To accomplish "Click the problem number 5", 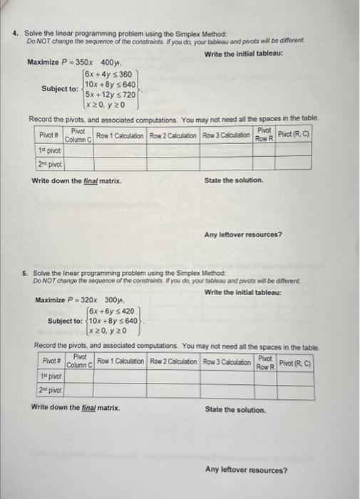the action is (x=24, y=273).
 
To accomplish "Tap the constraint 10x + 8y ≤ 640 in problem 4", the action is (x=109, y=84).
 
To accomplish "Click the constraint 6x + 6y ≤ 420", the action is (x=113, y=311).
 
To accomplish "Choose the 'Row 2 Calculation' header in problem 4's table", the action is (x=174, y=135).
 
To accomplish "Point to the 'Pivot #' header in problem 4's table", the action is (x=48, y=135).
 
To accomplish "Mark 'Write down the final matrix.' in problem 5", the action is (x=76, y=408).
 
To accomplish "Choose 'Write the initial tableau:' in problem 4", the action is (x=243, y=54).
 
